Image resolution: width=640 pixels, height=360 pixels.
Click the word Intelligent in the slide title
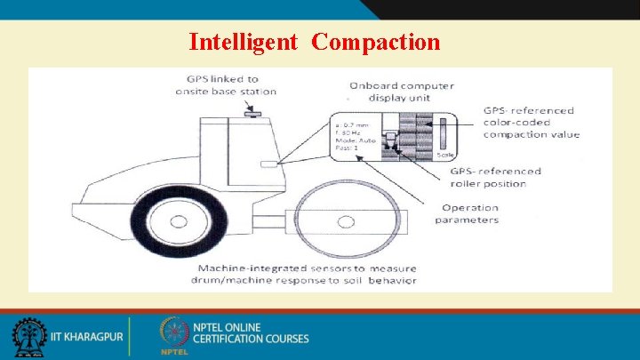[x=243, y=42]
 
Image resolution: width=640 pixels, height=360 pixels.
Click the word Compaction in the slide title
[x=376, y=42]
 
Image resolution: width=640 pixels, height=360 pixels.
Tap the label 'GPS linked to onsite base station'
[x=226, y=85]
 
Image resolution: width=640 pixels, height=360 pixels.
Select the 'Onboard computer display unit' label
[x=401, y=92]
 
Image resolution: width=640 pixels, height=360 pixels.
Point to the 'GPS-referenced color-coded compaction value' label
[x=531, y=123]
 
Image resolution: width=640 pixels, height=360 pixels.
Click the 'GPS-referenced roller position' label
[x=495, y=177]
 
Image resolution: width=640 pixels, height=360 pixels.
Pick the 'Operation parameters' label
[x=469, y=213]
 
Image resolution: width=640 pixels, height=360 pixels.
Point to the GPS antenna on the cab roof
[x=252, y=113]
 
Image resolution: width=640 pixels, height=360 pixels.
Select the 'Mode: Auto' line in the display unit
[x=355, y=142]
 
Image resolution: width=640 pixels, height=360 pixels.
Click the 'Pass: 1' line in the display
[x=349, y=150]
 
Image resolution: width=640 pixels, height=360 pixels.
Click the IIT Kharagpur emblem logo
[x=29, y=338]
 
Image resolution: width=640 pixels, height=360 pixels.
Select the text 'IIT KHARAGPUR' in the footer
[x=86, y=338]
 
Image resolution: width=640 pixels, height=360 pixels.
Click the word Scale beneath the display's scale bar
[x=445, y=155]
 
